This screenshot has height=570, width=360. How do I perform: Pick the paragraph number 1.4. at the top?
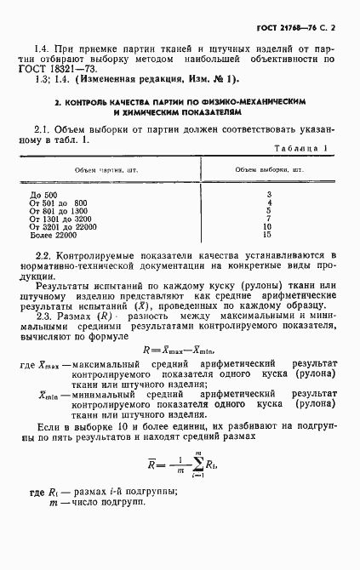click(43, 48)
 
